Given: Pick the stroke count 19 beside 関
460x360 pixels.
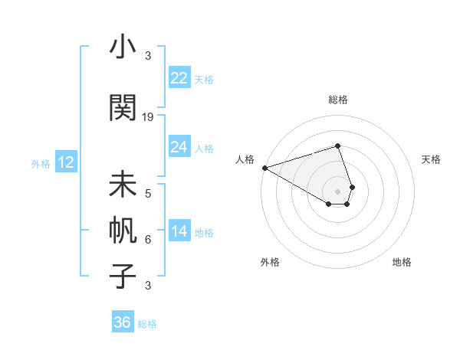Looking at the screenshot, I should (148, 117).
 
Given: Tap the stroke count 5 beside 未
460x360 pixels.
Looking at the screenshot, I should (148, 194).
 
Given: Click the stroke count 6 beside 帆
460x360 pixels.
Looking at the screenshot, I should (148, 239).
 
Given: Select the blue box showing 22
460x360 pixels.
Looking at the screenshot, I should (179, 78).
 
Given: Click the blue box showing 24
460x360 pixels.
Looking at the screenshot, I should (179, 147).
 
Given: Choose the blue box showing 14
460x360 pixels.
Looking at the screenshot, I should (179, 231).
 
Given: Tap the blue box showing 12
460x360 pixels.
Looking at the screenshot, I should (65, 162).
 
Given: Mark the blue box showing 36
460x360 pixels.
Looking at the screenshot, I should (122, 322).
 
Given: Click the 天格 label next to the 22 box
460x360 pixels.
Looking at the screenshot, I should (204, 80).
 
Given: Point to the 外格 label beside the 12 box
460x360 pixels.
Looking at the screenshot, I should (41, 163).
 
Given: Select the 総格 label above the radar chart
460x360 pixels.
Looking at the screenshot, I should (337, 100).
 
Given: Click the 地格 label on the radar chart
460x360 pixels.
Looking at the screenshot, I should (402, 262).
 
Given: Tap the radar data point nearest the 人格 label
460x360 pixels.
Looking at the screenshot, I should (264, 168).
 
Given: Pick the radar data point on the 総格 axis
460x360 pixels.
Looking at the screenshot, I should (337, 146).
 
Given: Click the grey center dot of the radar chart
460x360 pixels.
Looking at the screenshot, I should (337, 191).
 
